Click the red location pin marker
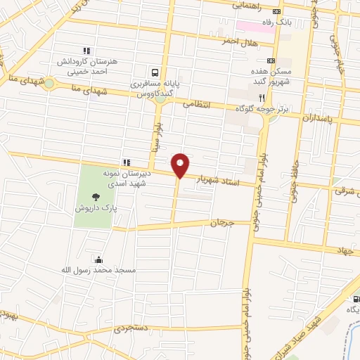[x=180, y=165]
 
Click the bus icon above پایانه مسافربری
[x=155, y=72]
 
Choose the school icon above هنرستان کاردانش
[x=86, y=51]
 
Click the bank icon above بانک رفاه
[x=277, y=11]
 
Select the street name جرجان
[x=221, y=223]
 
